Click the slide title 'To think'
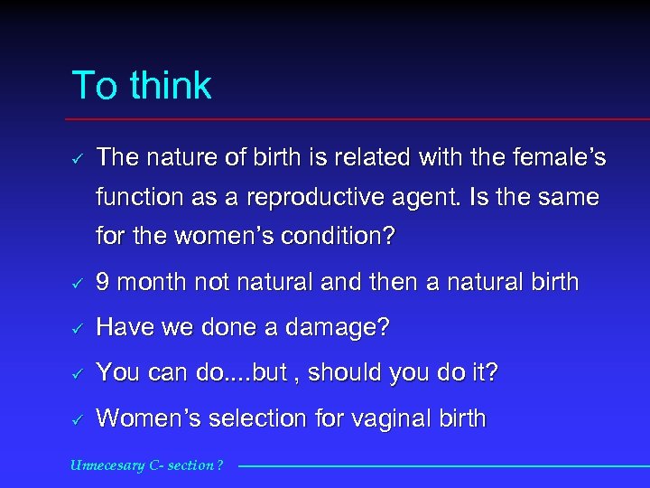pyautogui.click(x=141, y=86)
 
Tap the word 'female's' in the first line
pyautogui.click(x=562, y=158)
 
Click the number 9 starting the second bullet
pyautogui.click(x=104, y=282)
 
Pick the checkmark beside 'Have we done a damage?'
pyautogui.click(x=77, y=329)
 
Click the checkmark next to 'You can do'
pyautogui.click(x=77, y=373)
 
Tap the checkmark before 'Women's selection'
pyautogui.click(x=77, y=419)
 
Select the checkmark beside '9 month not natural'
pyautogui.click(x=77, y=283)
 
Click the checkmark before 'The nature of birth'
pyautogui.click(x=77, y=159)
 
